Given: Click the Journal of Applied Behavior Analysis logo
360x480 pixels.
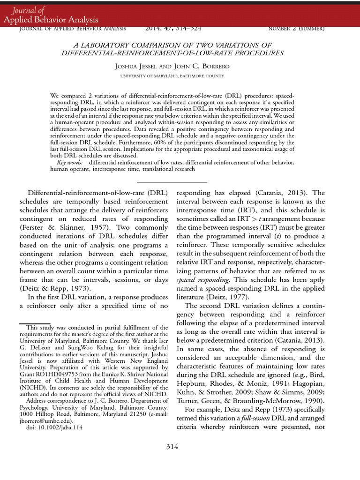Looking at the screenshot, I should (51, 15).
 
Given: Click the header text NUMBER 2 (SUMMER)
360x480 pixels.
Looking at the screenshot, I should (296, 29).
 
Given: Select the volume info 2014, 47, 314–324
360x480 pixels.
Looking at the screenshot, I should (173, 29).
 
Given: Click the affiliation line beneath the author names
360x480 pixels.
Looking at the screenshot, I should (172, 76).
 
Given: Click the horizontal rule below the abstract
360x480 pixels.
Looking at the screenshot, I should (172, 182).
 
